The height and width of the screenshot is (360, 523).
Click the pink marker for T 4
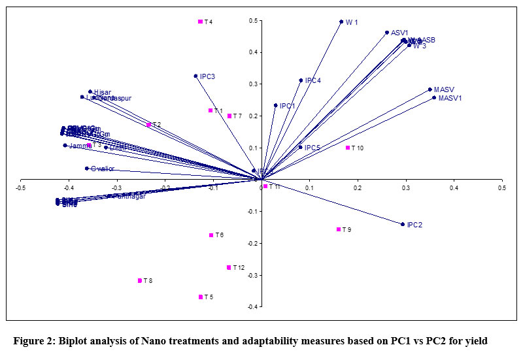(x=200, y=22)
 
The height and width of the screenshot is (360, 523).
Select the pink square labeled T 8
(x=140, y=281)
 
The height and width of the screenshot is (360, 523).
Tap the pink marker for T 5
(x=201, y=297)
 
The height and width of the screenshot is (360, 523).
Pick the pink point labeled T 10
(x=348, y=148)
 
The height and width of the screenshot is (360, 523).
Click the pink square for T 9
(x=339, y=229)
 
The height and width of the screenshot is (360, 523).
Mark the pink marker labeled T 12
(x=229, y=267)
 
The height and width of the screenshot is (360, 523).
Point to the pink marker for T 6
(x=211, y=235)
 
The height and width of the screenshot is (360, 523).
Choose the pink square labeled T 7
(x=229, y=116)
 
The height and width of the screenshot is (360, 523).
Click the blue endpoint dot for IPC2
(x=402, y=224)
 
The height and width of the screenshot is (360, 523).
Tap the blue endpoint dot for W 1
(x=341, y=22)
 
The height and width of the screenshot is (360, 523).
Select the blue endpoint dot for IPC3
(x=195, y=76)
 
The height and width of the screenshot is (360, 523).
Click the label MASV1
(x=450, y=99)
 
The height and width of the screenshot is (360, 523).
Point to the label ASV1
(x=399, y=33)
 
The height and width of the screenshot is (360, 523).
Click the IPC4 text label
(x=313, y=81)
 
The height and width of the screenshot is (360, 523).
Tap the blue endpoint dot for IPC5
(x=300, y=147)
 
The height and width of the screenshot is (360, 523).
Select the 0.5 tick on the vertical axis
(x=252, y=21)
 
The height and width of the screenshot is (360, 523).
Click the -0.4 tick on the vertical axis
(x=251, y=307)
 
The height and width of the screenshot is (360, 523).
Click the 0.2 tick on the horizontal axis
(x=358, y=188)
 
